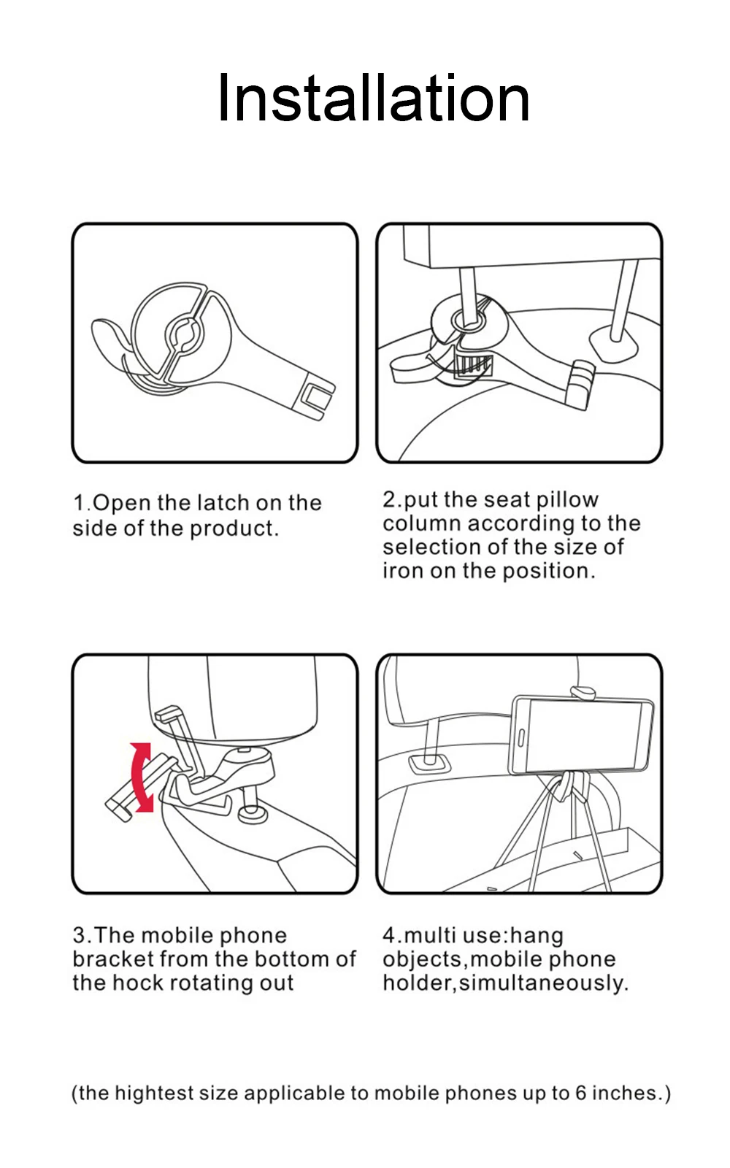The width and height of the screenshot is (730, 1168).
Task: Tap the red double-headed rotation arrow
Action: [x=141, y=777]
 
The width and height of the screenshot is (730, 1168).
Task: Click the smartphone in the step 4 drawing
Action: [x=580, y=736]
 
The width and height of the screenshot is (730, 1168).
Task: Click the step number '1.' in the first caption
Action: [x=82, y=503]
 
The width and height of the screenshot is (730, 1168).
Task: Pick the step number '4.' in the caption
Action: [x=392, y=935]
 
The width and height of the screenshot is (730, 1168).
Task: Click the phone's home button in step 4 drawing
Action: [x=521, y=738]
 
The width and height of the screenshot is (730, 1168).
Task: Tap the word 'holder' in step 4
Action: [x=417, y=983]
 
